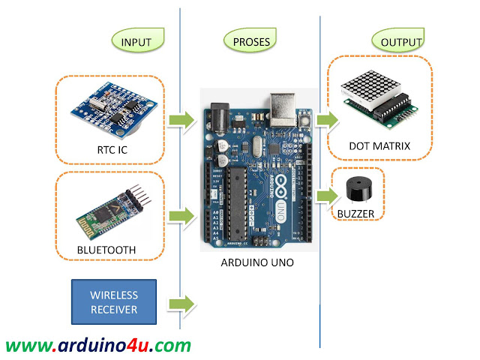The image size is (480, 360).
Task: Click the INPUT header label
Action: click(136, 41)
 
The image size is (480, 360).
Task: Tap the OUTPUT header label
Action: click(396, 41)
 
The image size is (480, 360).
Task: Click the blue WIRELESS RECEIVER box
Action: click(115, 302)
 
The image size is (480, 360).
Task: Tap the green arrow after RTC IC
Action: click(180, 119)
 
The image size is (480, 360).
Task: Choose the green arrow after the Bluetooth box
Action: click(180, 217)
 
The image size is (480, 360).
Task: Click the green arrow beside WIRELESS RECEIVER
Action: click(180, 303)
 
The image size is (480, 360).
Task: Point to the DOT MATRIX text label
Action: click(380, 145)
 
